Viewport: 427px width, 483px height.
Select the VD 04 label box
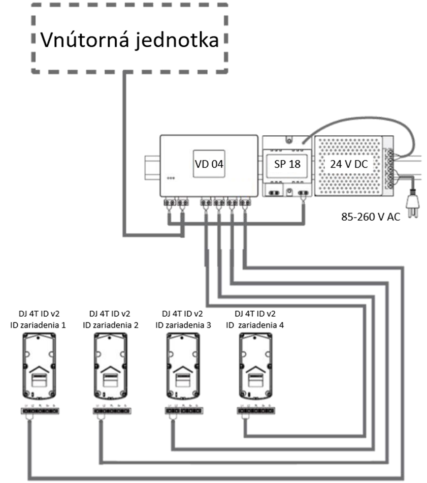point(209,165)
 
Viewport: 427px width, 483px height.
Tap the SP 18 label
point(287,165)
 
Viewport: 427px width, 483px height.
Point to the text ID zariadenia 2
point(111,324)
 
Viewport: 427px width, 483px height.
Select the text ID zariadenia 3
point(183,324)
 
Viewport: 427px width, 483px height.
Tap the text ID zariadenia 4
point(255,324)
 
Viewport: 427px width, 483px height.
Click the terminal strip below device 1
point(40,410)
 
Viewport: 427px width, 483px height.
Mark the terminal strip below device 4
point(256,410)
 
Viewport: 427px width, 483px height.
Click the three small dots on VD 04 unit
point(171,178)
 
